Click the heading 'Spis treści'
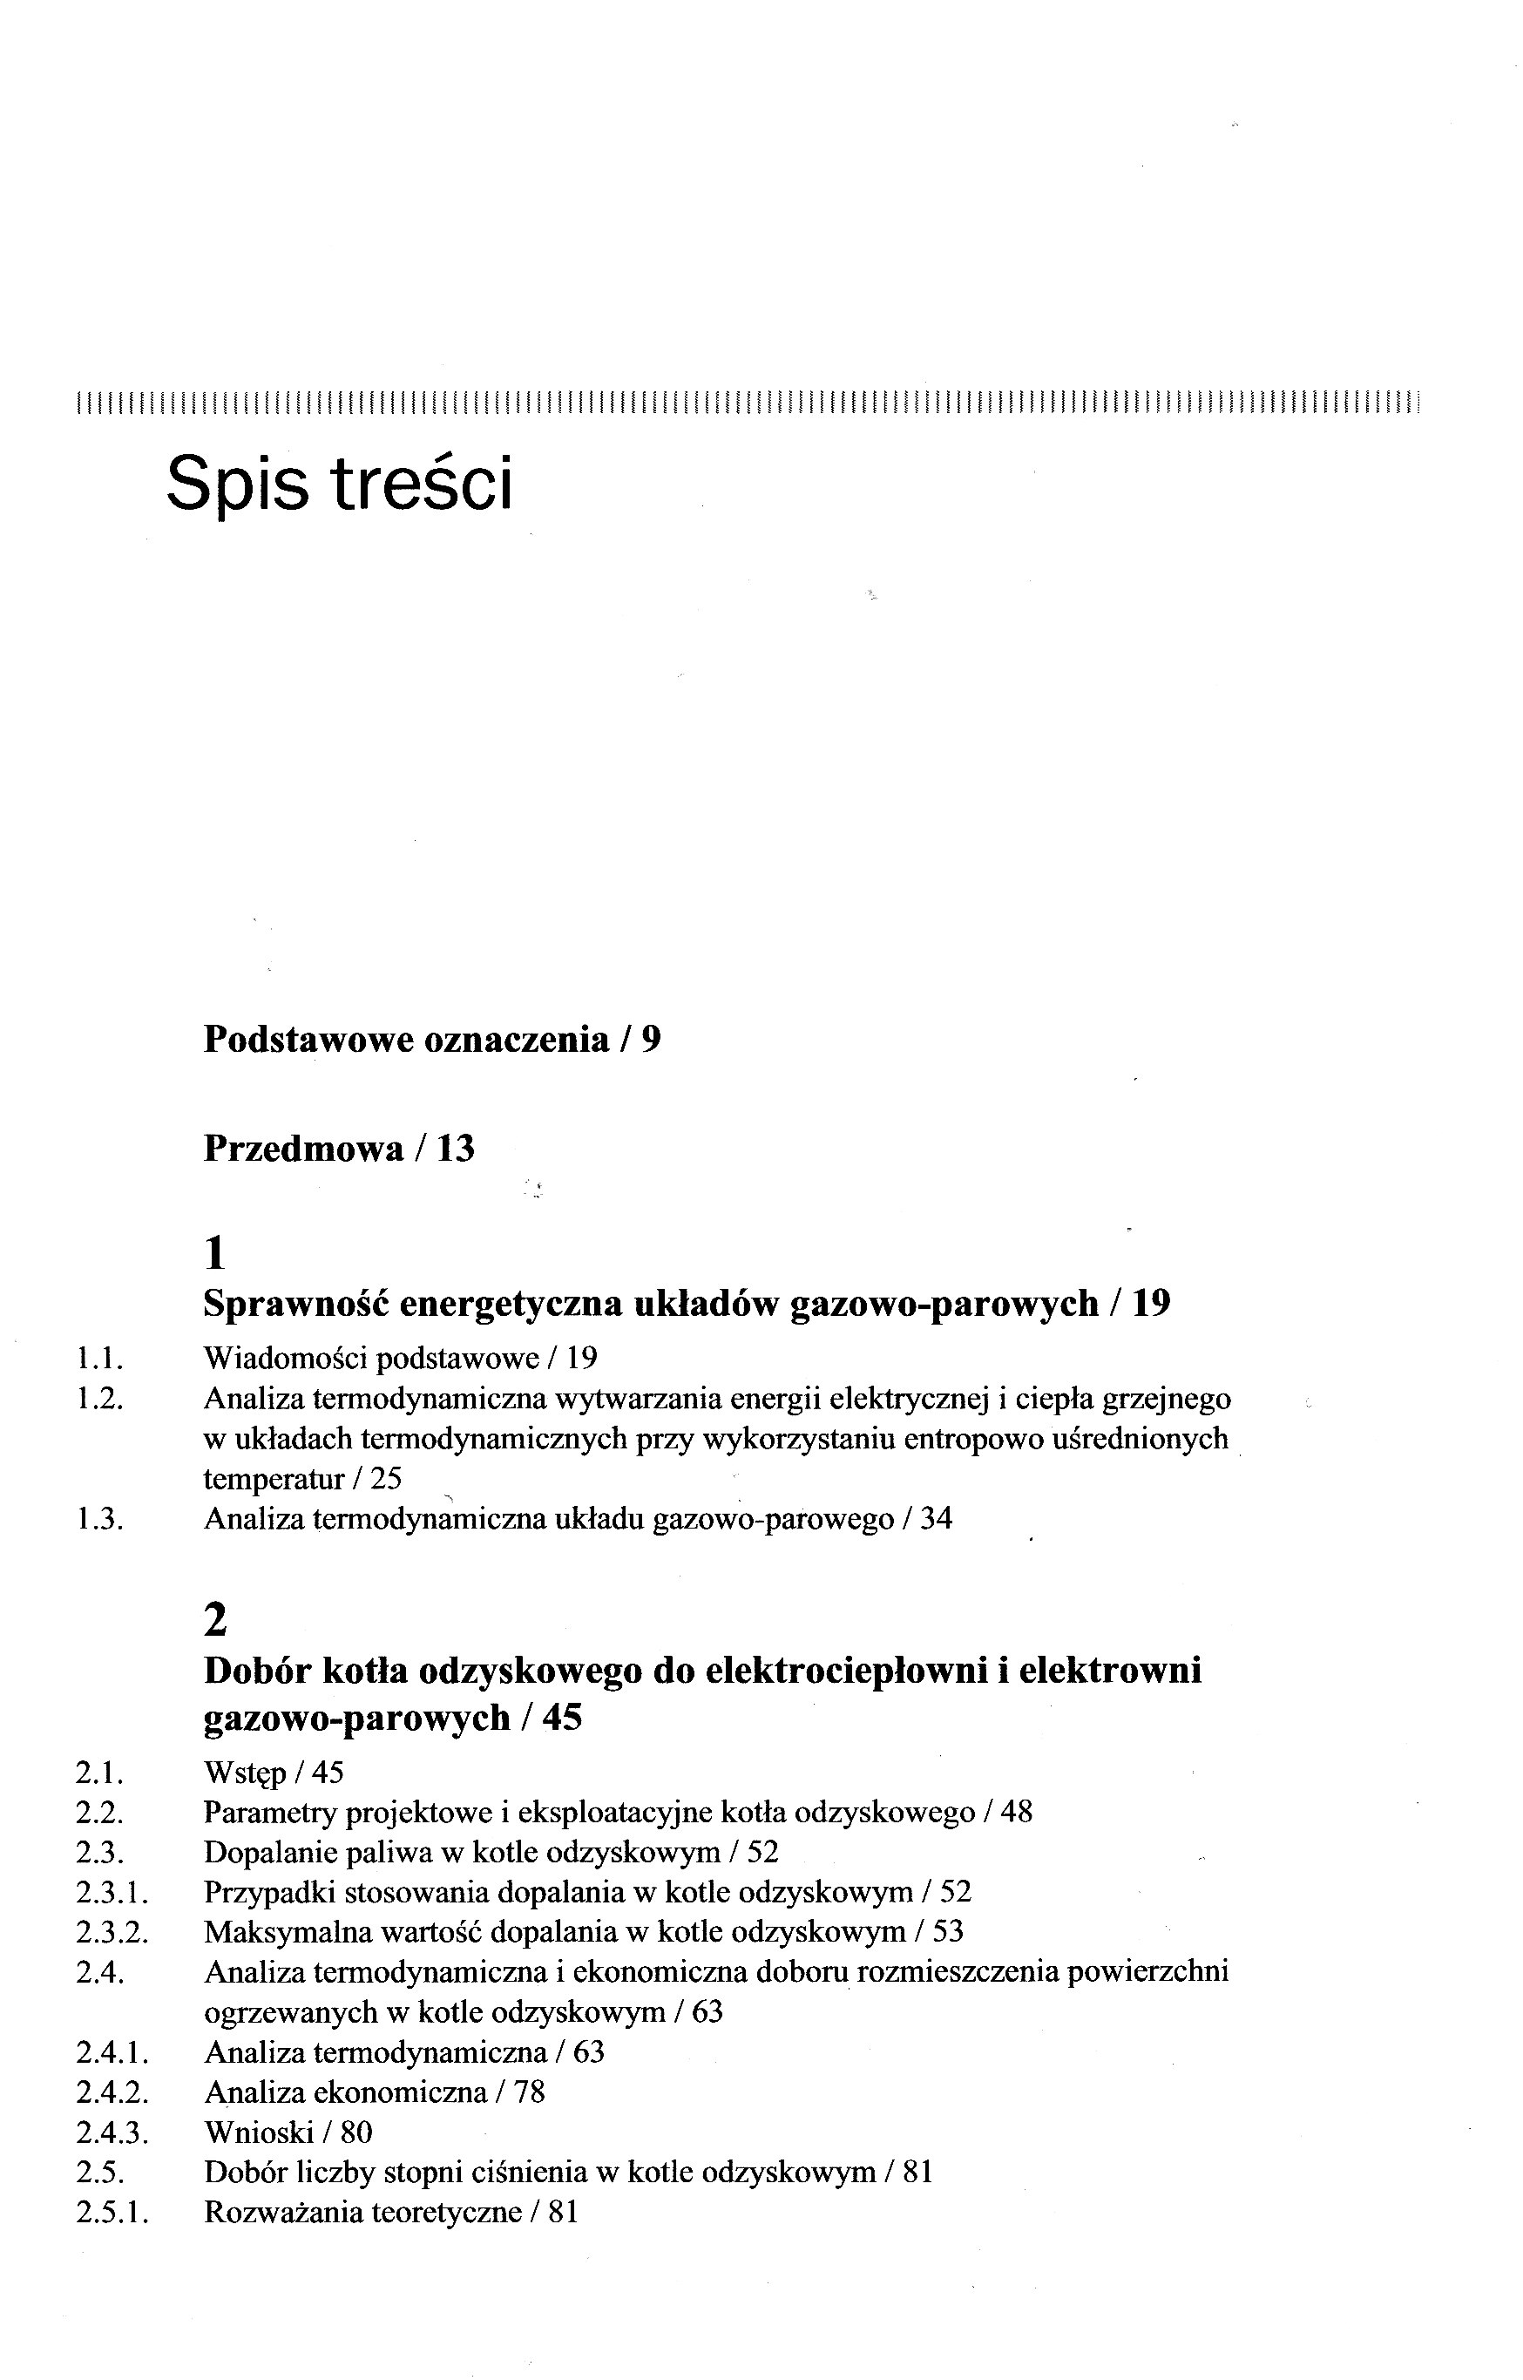[339, 484]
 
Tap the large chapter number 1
[214, 1254]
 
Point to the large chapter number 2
[215, 1620]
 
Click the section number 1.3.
[99, 1519]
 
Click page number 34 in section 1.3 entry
[936, 1519]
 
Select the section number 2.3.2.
[112, 1932]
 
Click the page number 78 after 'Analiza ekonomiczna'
[529, 2092]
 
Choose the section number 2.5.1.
[112, 2213]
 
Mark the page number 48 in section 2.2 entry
[1016, 1814]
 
